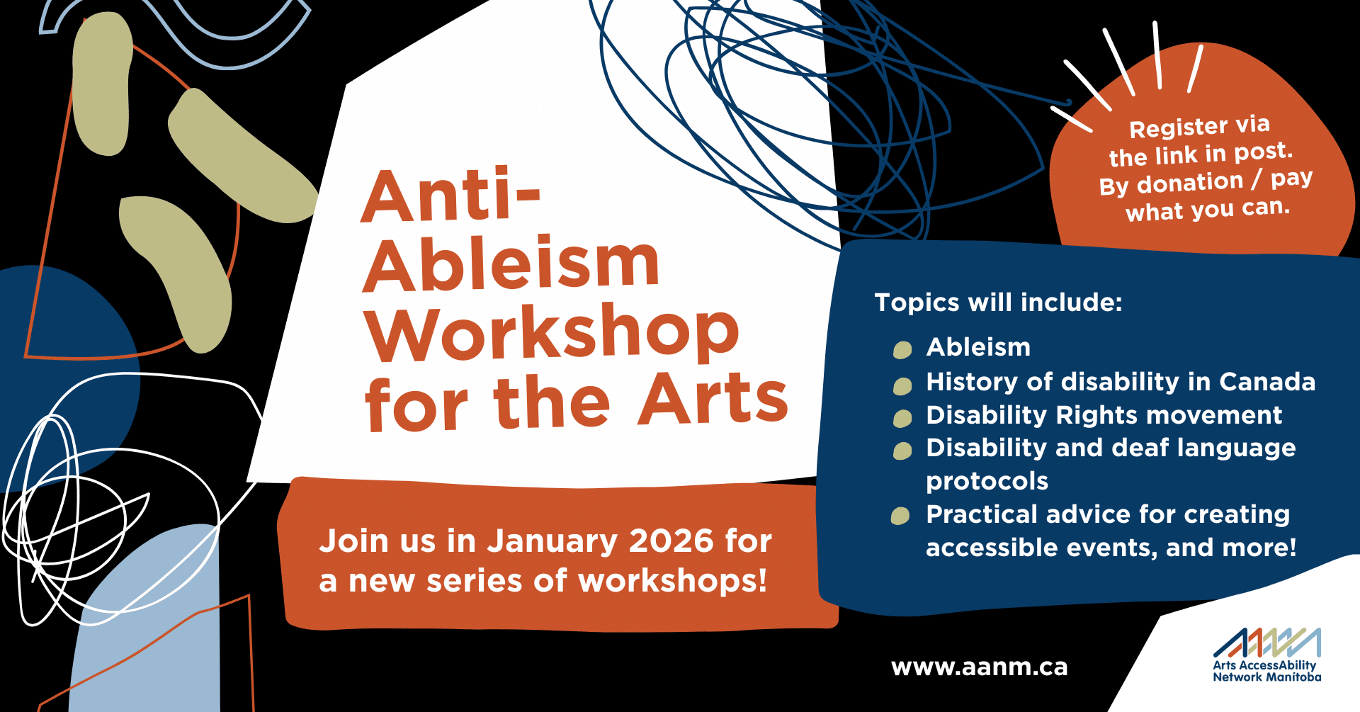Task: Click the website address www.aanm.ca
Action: coord(979,667)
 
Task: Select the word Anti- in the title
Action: coord(451,196)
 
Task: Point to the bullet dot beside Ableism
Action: coord(902,349)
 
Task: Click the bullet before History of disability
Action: coord(902,385)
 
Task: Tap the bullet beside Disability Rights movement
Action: coord(902,418)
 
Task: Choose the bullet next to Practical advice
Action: coord(900,516)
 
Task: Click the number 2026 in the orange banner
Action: coord(671,541)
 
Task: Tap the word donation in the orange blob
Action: coord(1190,183)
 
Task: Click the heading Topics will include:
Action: coord(999,303)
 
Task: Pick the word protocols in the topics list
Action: coord(987,482)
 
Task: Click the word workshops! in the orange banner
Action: coord(672,581)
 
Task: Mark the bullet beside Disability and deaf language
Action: coord(902,451)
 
